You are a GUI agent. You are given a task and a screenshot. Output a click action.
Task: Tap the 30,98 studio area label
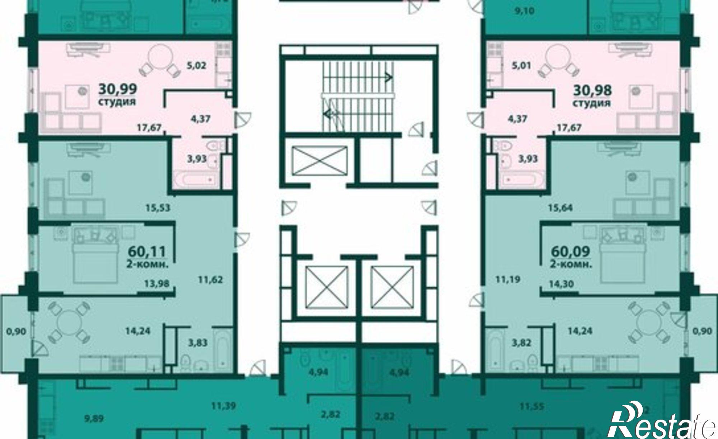(592, 90)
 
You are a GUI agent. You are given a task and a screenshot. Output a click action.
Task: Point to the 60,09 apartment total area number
(570, 252)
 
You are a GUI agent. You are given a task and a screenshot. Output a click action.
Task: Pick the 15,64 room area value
(560, 207)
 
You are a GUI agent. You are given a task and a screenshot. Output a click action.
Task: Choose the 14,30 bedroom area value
(561, 284)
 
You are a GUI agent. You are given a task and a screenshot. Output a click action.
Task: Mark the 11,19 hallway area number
(508, 279)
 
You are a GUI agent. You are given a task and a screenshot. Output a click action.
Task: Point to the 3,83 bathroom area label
(198, 343)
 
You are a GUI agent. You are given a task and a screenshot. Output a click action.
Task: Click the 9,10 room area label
(524, 11)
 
